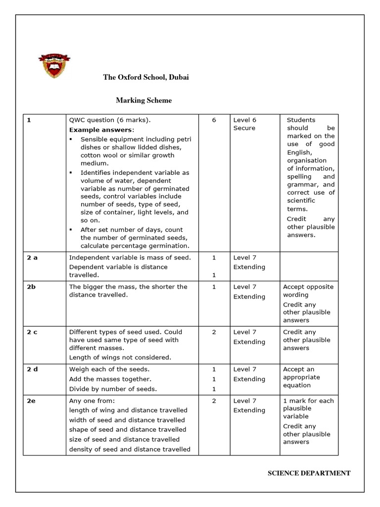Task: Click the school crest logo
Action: point(54,65)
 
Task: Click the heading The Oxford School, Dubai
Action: point(145,77)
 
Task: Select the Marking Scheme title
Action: point(143,101)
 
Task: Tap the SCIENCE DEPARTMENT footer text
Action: point(309,473)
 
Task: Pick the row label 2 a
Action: point(32,258)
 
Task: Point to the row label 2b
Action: point(31,287)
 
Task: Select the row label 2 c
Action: point(32,332)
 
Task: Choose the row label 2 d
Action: point(32,369)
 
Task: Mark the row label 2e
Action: point(31,401)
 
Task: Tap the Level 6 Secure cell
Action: point(245,124)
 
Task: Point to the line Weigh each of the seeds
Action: point(109,369)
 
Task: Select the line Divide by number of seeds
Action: point(113,389)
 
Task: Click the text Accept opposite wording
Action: point(308,291)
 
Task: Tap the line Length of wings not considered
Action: point(120,357)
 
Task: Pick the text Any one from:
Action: point(92,401)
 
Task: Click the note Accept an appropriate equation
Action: point(302,377)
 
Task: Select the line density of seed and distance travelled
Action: point(130,450)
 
